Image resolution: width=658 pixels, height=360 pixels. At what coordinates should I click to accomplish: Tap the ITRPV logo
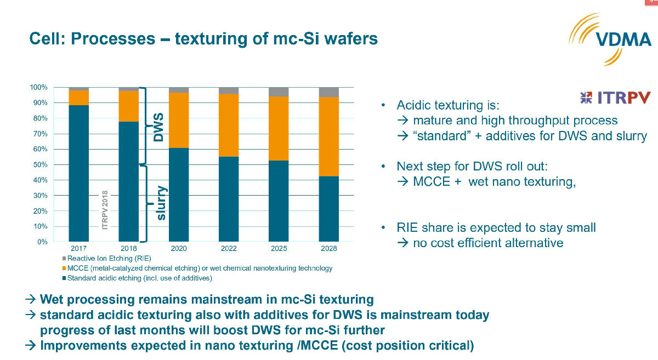(x=615, y=98)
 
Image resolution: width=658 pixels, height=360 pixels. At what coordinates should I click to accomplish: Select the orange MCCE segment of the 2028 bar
(x=328, y=136)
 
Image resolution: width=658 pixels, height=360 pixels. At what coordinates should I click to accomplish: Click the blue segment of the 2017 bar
(x=79, y=173)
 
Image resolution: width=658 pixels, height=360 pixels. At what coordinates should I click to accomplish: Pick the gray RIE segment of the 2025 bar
(x=279, y=92)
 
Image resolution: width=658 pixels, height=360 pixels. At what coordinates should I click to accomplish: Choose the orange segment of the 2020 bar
(x=179, y=121)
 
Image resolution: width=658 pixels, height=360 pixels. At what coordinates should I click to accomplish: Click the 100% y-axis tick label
(x=38, y=87)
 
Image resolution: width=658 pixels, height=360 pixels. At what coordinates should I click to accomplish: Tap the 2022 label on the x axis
(x=229, y=248)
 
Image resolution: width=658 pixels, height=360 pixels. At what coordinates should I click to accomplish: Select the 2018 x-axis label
(x=129, y=248)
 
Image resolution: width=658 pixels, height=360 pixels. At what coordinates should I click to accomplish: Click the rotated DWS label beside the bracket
(x=158, y=127)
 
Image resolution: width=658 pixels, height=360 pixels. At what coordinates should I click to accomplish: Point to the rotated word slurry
(x=162, y=203)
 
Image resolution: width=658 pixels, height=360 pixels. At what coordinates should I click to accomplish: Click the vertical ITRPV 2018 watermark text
(x=105, y=210)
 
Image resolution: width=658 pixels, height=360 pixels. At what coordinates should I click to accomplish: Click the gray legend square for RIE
(x=64, y=259)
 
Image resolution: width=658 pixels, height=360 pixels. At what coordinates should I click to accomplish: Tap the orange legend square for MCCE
(x=64, y=268)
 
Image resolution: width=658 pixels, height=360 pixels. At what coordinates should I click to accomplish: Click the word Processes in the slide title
(x=113, y=39)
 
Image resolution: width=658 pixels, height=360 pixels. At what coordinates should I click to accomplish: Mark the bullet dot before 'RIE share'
(x=383, y=227)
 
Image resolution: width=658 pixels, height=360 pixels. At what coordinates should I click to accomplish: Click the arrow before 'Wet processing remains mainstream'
(x=31, y=300)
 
